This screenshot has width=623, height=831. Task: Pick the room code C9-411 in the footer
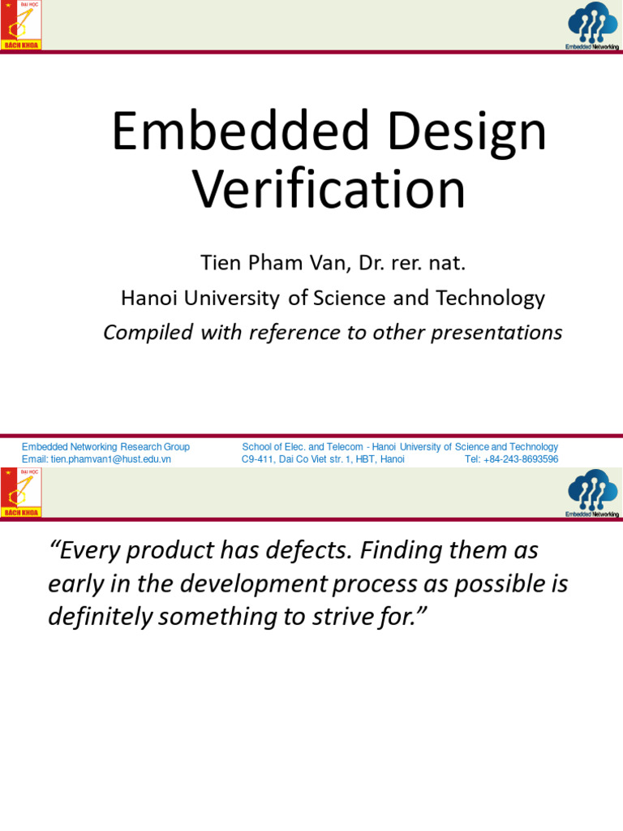pyautogui.click(x=260, y=459)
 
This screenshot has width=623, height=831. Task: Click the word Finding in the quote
pyautogui.click(x=399, y=551)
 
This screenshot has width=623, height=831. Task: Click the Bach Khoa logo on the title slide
pyautogui.click(x=21, y=26)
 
